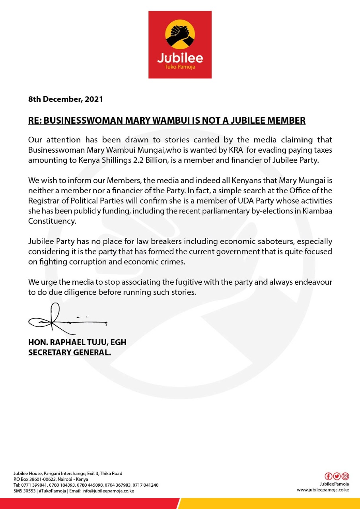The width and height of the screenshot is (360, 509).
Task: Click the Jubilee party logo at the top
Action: click(x=180, y=44)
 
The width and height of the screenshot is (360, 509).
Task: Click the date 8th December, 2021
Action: click(x=66, y=99)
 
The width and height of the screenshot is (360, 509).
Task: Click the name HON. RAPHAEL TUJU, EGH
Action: click(x=77, y=342)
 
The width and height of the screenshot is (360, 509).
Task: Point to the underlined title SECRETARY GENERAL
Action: click(x=70, y=352)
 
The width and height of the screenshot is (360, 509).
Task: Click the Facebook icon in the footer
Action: click(x=329, y=476)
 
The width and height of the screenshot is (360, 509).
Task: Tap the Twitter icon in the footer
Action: click(x=337, y=476)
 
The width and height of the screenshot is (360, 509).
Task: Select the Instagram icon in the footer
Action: click(x=345, y=476)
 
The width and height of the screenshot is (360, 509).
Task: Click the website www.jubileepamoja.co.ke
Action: click(x=323, y=490)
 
